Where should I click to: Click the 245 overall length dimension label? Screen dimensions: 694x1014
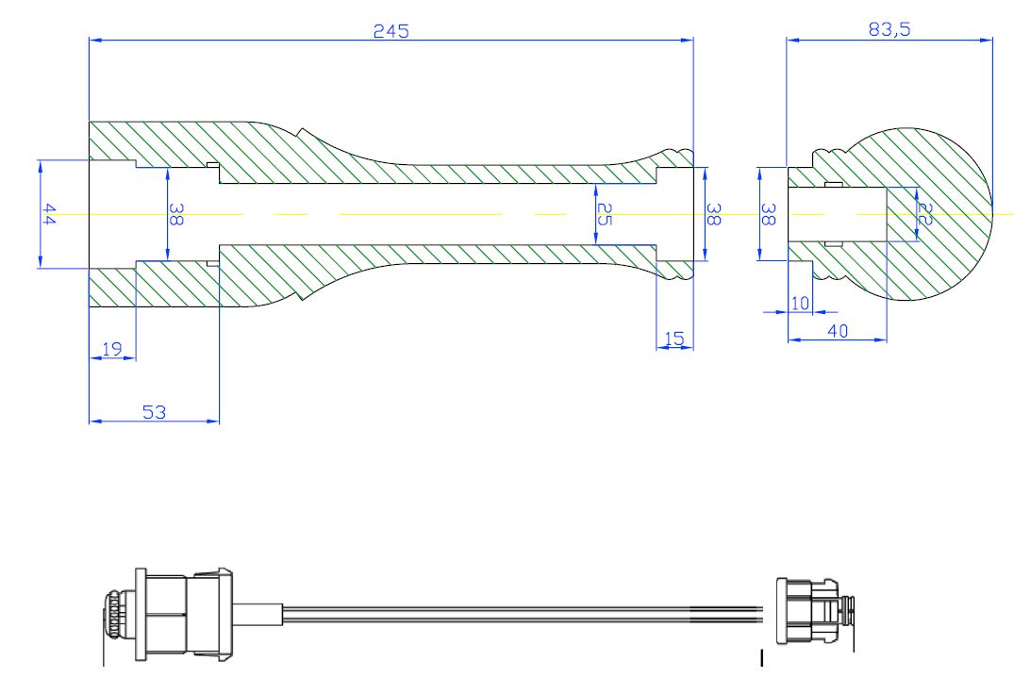click(390, 30)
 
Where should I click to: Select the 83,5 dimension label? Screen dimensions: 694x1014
click(889, 29)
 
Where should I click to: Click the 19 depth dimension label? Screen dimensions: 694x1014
click(111, 349)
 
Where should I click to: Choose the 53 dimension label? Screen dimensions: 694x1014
click(153, 412)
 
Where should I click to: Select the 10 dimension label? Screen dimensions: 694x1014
click(800, 303)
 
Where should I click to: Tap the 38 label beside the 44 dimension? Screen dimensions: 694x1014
click(176, 215)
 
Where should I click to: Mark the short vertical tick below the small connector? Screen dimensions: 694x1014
click(761, 658)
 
